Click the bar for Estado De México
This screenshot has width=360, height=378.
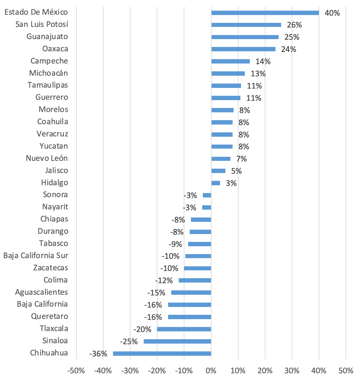click(x=265, y=13)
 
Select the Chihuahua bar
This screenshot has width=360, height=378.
click(x=162, y=354)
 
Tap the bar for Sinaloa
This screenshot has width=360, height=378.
click(x=177, y=341)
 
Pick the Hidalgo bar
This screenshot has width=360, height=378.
click(x=216, y=183)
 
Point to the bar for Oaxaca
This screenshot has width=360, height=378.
click(x=243, y=49)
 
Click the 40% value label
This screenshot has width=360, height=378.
click(x=332, y=13)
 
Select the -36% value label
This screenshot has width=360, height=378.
click(x=98, y=354)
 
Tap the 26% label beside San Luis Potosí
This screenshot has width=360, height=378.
click(x=294, y=25)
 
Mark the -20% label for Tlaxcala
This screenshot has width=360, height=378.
click(x=142, y=329)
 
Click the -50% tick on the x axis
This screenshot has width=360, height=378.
click(x=76, y=371)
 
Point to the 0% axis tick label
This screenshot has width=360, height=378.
click(x=211, y=371)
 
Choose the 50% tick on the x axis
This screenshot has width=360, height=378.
click(x=346, y=371)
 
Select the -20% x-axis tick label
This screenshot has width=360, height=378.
click(x=157, y=371)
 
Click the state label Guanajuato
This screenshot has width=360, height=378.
click(x=47, y=37)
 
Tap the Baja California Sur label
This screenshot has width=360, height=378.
click(x=36, y=256)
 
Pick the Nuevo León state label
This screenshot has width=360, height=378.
click(x=47, y=158)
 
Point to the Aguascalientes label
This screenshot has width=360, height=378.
click(x=42, y=292)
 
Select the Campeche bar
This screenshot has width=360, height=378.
click(x=230, y=61)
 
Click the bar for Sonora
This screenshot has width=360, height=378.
click(x=207, y=195)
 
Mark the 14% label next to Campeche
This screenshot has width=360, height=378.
click(x=263, y=62)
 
